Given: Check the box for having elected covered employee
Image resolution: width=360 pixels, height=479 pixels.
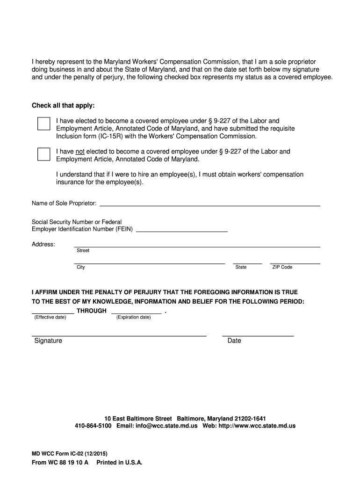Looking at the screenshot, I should (43, 123).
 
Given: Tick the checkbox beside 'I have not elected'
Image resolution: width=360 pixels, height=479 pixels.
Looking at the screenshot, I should (43, 154).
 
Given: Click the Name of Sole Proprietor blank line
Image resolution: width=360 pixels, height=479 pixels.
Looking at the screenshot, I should (210, 204).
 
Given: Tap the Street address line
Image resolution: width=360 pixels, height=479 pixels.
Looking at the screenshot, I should (197, 245).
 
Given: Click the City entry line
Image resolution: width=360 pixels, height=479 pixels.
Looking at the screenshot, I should (150, 262).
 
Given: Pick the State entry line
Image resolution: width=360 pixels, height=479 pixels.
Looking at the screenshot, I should (247, 262).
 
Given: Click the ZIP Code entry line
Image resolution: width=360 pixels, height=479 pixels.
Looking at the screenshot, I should (295, 262).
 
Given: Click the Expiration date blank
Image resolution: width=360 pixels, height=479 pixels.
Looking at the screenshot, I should (136, 312).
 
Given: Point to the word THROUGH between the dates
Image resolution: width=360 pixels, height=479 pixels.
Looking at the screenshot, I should (92, 311).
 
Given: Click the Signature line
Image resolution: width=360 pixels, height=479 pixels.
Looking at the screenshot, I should (119, 334).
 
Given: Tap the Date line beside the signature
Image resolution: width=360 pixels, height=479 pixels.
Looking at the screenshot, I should (258, 334).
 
